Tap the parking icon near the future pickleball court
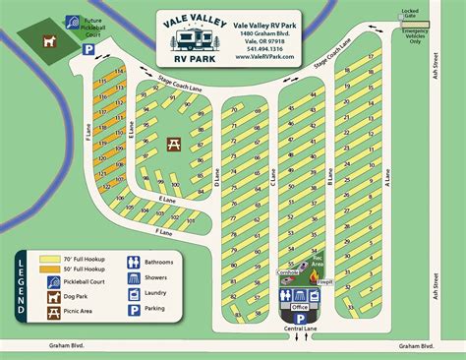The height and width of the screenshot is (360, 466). click(87, 48)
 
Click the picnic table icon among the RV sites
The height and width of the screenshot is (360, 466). click(174, 145)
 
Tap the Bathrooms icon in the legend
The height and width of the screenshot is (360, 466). click(135, 263)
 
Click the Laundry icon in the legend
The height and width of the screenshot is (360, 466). click(135, 294)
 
